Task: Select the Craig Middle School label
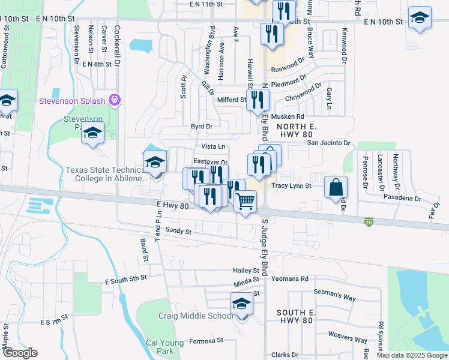194,316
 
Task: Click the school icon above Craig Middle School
241,304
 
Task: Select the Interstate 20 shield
369,222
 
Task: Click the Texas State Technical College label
106,174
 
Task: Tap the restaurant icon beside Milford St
258,100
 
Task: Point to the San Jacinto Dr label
328,143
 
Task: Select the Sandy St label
178,231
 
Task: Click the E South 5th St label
125,279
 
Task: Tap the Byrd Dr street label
202,127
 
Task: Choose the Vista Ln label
213,146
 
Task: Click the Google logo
20,353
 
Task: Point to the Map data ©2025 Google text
411,355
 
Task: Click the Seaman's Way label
335,298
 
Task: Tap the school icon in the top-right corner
420,18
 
